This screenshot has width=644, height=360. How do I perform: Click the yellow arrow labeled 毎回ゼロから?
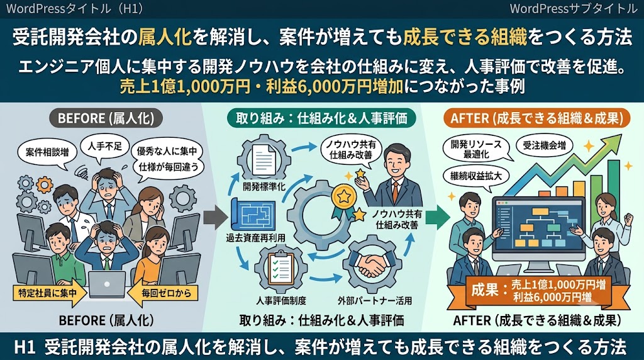(x=163, y=293)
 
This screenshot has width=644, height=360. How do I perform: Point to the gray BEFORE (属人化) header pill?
(x=106, y=118)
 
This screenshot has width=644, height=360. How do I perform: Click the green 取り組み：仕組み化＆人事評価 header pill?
(x=321, y=118)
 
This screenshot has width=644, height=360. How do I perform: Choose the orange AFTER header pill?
(x=537, y=118)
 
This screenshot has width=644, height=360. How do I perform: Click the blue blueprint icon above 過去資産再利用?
(x=253, y=215)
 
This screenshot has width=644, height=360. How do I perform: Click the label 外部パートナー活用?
(x=375, y=301)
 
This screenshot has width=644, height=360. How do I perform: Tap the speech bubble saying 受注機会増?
(x=544, y=145)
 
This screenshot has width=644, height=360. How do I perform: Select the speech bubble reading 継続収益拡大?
(x=476, y=177)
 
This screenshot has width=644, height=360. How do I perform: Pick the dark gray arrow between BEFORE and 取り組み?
(x=215, y=217)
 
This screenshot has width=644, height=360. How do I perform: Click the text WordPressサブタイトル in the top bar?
(x=573, y=9)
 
